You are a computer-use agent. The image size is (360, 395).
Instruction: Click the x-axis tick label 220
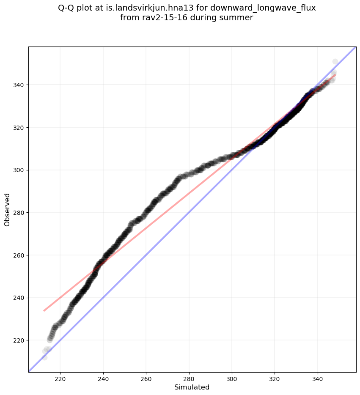(60, 379)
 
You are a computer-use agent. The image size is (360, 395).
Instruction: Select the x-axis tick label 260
(146, 379)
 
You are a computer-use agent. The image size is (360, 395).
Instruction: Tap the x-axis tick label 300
(232, 379)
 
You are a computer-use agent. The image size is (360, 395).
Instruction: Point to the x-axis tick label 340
(318, 379)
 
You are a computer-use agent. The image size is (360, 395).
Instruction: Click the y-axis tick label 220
(19, 340)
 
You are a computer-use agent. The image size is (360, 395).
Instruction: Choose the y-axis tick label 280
(19, 213)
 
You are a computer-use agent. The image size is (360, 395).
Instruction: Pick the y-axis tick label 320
(19, 128)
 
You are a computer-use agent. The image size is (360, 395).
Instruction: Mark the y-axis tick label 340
(19, 85)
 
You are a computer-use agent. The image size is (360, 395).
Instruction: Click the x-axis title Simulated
(192, 387)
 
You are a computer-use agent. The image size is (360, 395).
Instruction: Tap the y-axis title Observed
(7, 209)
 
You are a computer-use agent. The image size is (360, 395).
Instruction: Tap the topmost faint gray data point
(335, 62)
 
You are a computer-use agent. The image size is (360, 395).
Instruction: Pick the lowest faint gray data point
(44, 357)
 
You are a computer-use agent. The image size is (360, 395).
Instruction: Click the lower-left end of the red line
(44, 311)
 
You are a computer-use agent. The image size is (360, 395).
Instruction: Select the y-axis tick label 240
(19, 298)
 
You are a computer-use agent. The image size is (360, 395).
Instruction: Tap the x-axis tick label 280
(189, 379)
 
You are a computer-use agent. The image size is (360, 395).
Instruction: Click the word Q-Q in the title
(66, 8)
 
